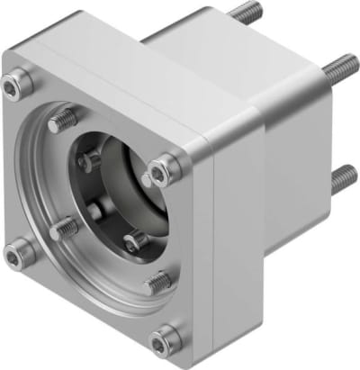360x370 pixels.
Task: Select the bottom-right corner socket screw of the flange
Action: [166, 339]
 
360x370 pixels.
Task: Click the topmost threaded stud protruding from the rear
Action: [244, 12]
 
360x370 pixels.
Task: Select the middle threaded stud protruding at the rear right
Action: [343, 66]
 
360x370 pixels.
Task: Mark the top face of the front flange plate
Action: [108, 72]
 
